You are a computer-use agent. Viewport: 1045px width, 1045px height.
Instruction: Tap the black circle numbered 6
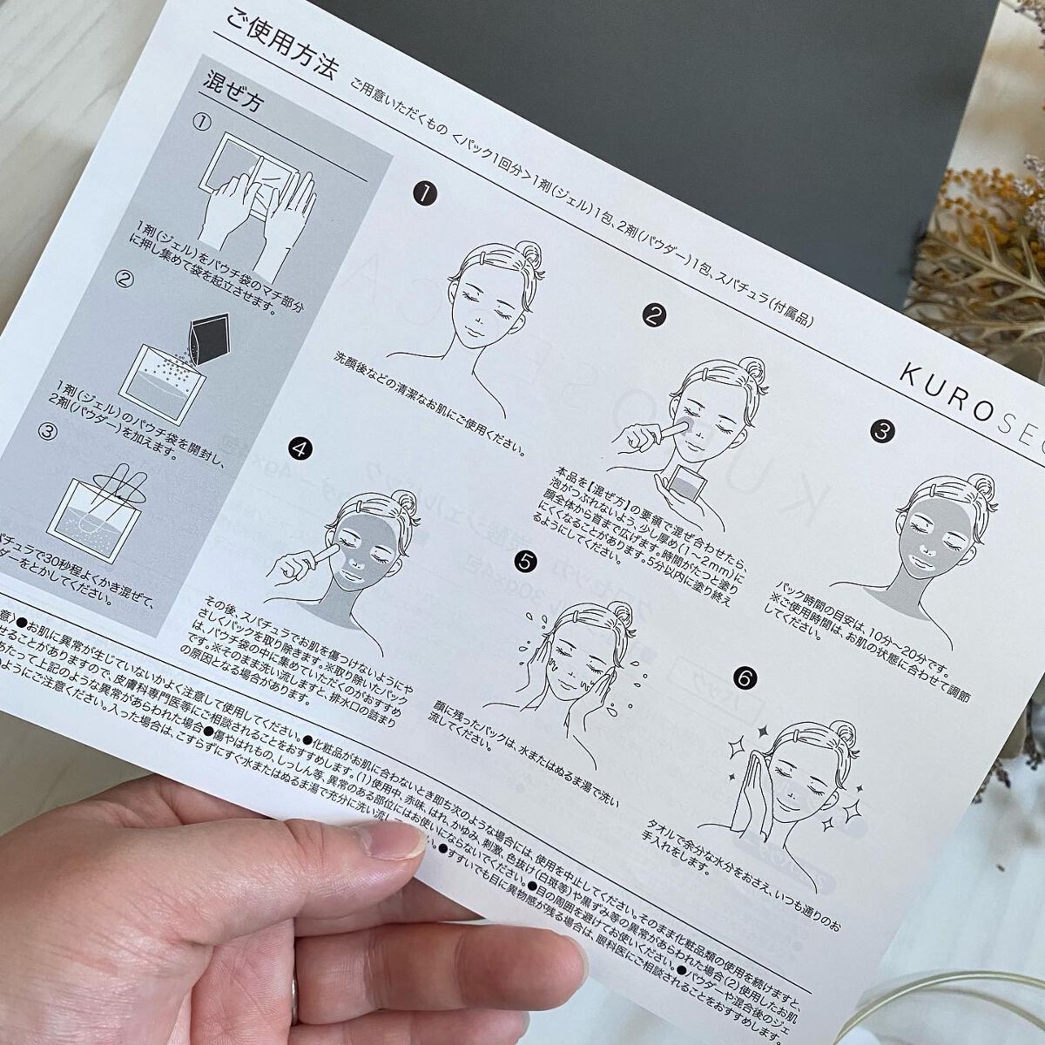(x=745, y=676)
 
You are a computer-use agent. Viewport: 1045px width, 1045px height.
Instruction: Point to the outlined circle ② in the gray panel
(x=125, y=280)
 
